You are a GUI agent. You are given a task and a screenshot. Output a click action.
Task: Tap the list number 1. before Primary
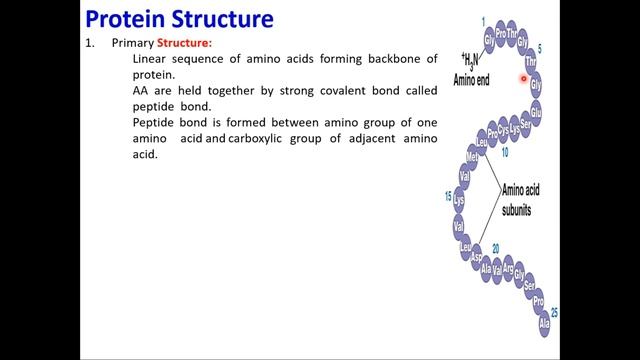click(x=89, y=43)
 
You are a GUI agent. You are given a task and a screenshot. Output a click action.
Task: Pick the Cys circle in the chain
click(x=504, y=130)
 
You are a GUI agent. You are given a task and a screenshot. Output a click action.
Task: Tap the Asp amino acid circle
click(x=477, y=256)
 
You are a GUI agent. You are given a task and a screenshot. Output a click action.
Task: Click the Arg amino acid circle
click(x=507, y=268)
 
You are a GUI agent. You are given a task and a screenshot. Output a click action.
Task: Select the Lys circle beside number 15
click(x=460, y=198)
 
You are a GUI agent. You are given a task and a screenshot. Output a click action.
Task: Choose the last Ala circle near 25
click(x=544, y=326)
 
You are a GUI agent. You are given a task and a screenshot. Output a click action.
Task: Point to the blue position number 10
click(x=505, y=153)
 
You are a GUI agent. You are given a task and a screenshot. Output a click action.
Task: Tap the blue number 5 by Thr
click(x=540, y=47)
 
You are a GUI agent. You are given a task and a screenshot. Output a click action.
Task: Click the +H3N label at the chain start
click(x=469, y=59)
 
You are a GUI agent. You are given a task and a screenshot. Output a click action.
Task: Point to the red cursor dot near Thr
click(x=523, y=77)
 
